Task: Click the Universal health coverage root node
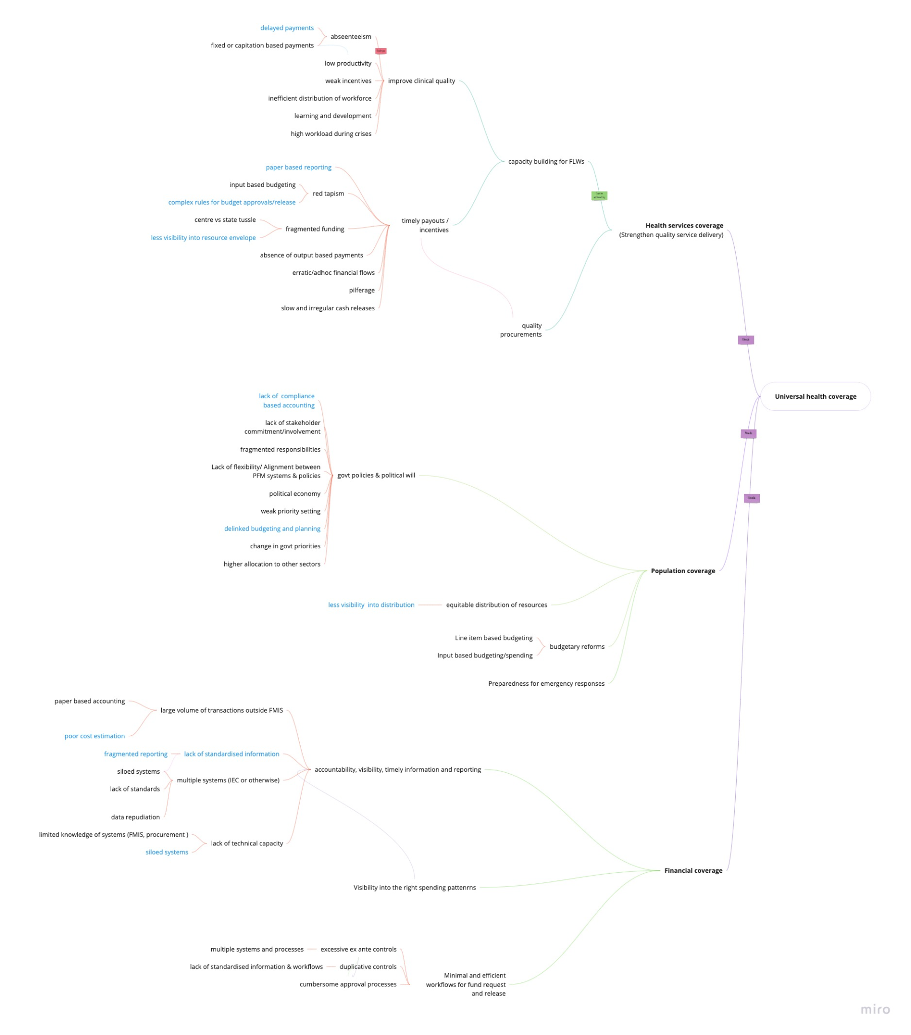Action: pyautogui.click(x=815, y=397)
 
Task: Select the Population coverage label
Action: pyautogui.click(x=683, y=571)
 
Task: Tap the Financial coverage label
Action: pyautogui.click(x=693, y=870)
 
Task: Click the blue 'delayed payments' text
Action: pyautogui.click(x=286, y=28)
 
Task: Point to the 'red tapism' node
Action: pyautogui.click(x=328, y=194)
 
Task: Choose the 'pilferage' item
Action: pyautogui.click(x=362, y=290)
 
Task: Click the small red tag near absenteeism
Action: pyautogui.click(x=381, y=51)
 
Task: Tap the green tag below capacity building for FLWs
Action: pyautogui.click(x=599, y=196)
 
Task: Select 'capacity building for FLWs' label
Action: pyautogui.click(x=546, y=162)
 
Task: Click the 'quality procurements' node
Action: pyautogui.click(x=521, y=330)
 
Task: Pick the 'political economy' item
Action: pyautogui.click(x=295, y=494)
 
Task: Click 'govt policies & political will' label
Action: pyautogui.click(x=376, y=475)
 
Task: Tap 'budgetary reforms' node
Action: pyautogui.click(x=577, y=646)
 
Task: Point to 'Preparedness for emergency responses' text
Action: pyautogui.click(x=546, y=684)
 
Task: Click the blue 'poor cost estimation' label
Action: pyautogui.click(x=94, y=736)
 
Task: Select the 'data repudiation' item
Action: pyautogui.click(x=135, y=817)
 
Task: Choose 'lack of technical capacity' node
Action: pyautogui.click(x=247, y=843)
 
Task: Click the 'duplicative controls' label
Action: pyautogui.click(x=368, y=967)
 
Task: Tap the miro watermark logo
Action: pyautogui.click(x=875, y=1009)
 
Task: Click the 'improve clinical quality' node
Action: pyautogui.click(x=421, y=81)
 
